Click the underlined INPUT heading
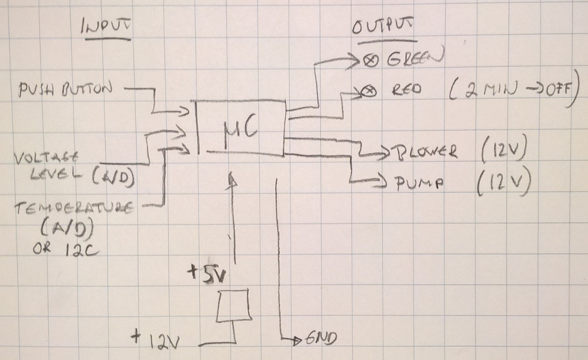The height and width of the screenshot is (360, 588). pos(108,28)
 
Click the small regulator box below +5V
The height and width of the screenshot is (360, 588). pos(234,305)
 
